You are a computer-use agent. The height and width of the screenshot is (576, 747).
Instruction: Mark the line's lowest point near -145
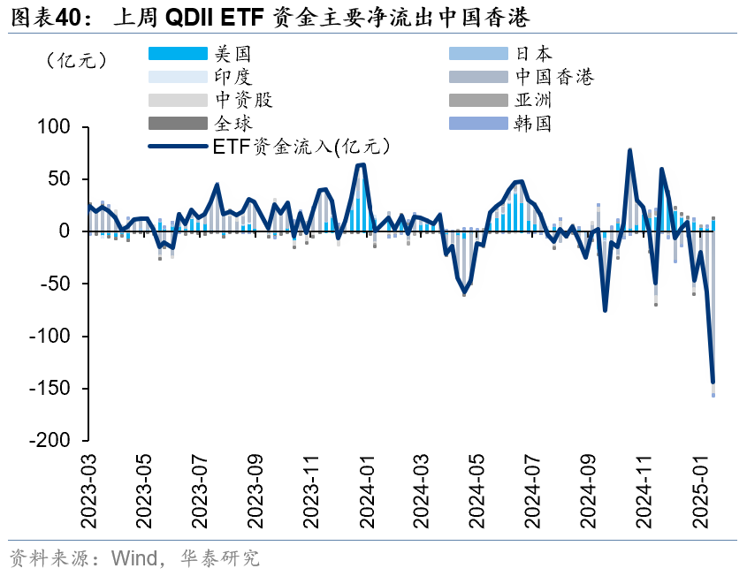click(x=713, y=383)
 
